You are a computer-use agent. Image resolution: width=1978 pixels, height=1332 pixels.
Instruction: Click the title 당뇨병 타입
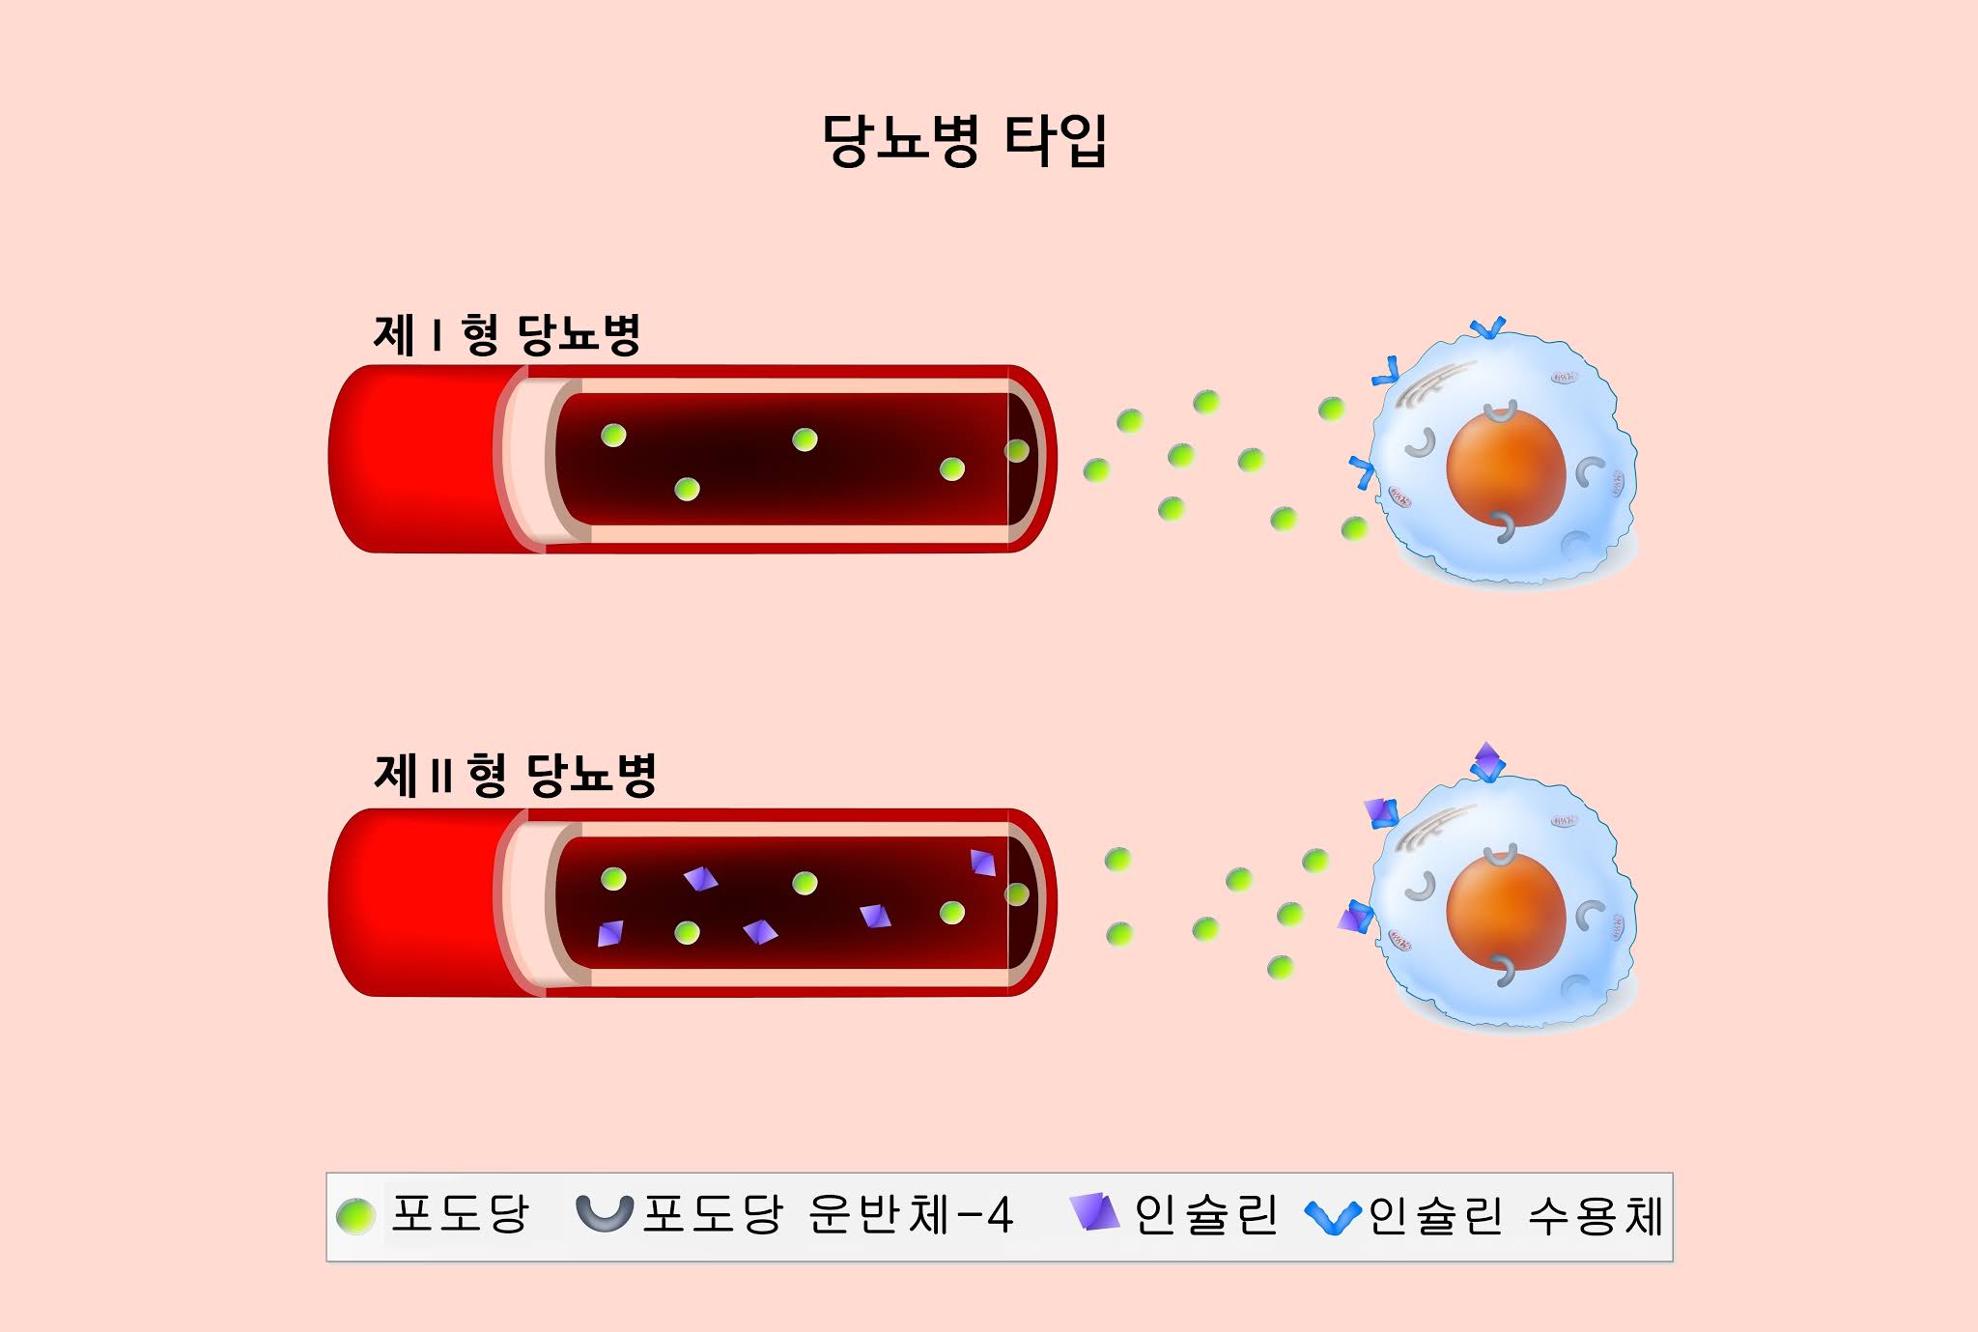[964, 141]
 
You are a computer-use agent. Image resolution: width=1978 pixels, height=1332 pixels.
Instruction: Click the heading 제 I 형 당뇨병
[507, 335]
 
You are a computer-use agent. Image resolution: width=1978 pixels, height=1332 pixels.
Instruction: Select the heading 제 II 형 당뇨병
[515, 775]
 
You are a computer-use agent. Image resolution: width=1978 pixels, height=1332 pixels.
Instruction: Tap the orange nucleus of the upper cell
[1505, 468]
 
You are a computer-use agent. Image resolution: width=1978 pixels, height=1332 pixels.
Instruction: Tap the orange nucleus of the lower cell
[1505, 911]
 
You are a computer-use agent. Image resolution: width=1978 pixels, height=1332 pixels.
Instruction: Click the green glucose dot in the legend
[355, 1216]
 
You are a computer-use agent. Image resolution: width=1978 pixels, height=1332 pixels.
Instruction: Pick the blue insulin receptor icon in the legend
[1333, 1217]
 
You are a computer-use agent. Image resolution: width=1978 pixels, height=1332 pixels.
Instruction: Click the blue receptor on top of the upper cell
[1487, 329]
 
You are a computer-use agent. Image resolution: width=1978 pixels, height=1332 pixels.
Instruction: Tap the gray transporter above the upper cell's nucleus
[1500, 413]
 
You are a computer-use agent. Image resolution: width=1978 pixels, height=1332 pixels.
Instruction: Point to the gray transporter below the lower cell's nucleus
[1503, 969]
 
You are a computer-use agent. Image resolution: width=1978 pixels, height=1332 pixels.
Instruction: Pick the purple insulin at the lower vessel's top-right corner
[983, 862]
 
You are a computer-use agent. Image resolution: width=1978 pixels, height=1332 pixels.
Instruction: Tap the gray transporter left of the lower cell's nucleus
[1420, 887]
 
